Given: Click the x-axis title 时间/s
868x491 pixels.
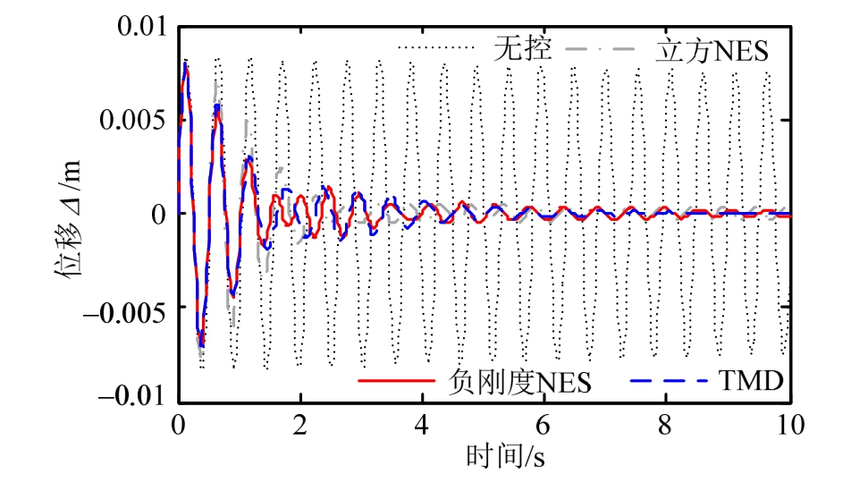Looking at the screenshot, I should click(x=505, y=457).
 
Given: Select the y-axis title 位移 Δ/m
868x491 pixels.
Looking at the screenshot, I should click(x=71, y=215).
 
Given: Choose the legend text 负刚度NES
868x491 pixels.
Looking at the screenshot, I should click(x=518, y=382).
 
